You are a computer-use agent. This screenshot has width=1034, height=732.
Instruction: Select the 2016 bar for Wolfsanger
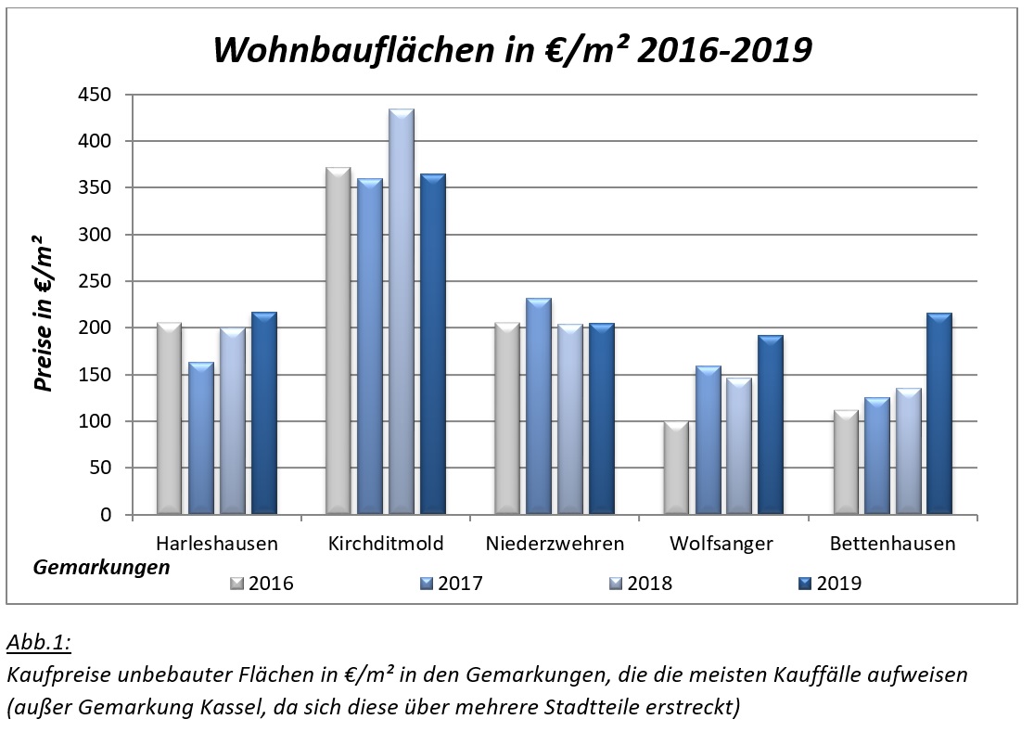[676, 468]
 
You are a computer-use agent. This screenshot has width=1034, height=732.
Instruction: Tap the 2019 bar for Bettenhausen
[939, 414]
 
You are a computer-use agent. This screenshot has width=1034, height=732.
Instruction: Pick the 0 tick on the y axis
[104, 515]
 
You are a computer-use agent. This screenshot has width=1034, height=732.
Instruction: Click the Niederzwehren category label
[555, 544]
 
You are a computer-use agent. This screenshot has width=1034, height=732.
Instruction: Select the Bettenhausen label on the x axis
[892, 544]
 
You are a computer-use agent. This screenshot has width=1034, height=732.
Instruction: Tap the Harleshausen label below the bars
[217, 544]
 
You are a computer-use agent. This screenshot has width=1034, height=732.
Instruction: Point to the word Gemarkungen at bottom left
[102, 567]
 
